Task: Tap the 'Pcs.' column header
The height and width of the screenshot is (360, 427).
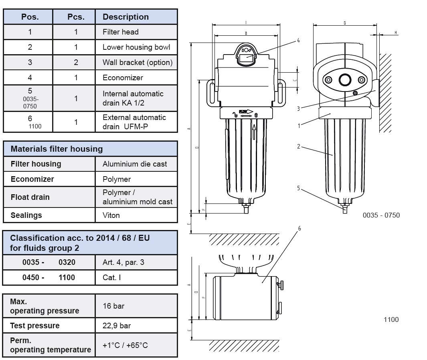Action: (76, 17)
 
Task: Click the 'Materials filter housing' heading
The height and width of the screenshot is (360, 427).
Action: (57, 149)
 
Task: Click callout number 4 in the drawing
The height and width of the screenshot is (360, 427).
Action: (299, 41)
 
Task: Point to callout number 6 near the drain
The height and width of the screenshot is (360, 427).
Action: (299, 229)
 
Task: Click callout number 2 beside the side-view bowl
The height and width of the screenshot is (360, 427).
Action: (299, 146)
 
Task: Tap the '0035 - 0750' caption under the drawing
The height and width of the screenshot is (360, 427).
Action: (381, 215)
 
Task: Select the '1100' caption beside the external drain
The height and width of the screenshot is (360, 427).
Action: (391, 319)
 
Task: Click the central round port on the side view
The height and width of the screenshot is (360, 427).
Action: (344, 80)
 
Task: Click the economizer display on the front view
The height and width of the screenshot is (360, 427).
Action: (246, 56)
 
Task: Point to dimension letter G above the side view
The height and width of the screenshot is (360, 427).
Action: (344, 23)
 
